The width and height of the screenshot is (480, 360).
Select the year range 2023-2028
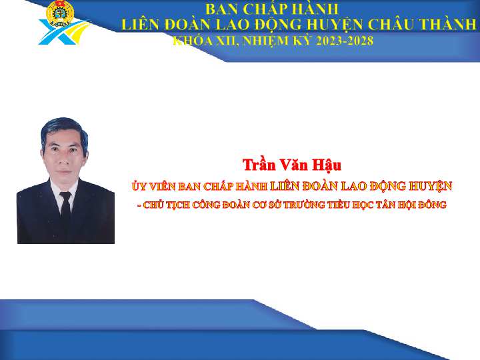tap(345, 41)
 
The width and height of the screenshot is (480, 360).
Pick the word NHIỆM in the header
tap(265, 41)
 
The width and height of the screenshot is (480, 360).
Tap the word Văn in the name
tap(293, 165)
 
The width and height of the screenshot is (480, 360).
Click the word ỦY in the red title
tap(139, 186)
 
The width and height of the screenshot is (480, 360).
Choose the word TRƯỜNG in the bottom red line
tap(304, 205)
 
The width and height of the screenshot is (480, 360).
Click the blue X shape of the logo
tap(60, 32)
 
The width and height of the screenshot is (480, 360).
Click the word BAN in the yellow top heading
tap(222, 9)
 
